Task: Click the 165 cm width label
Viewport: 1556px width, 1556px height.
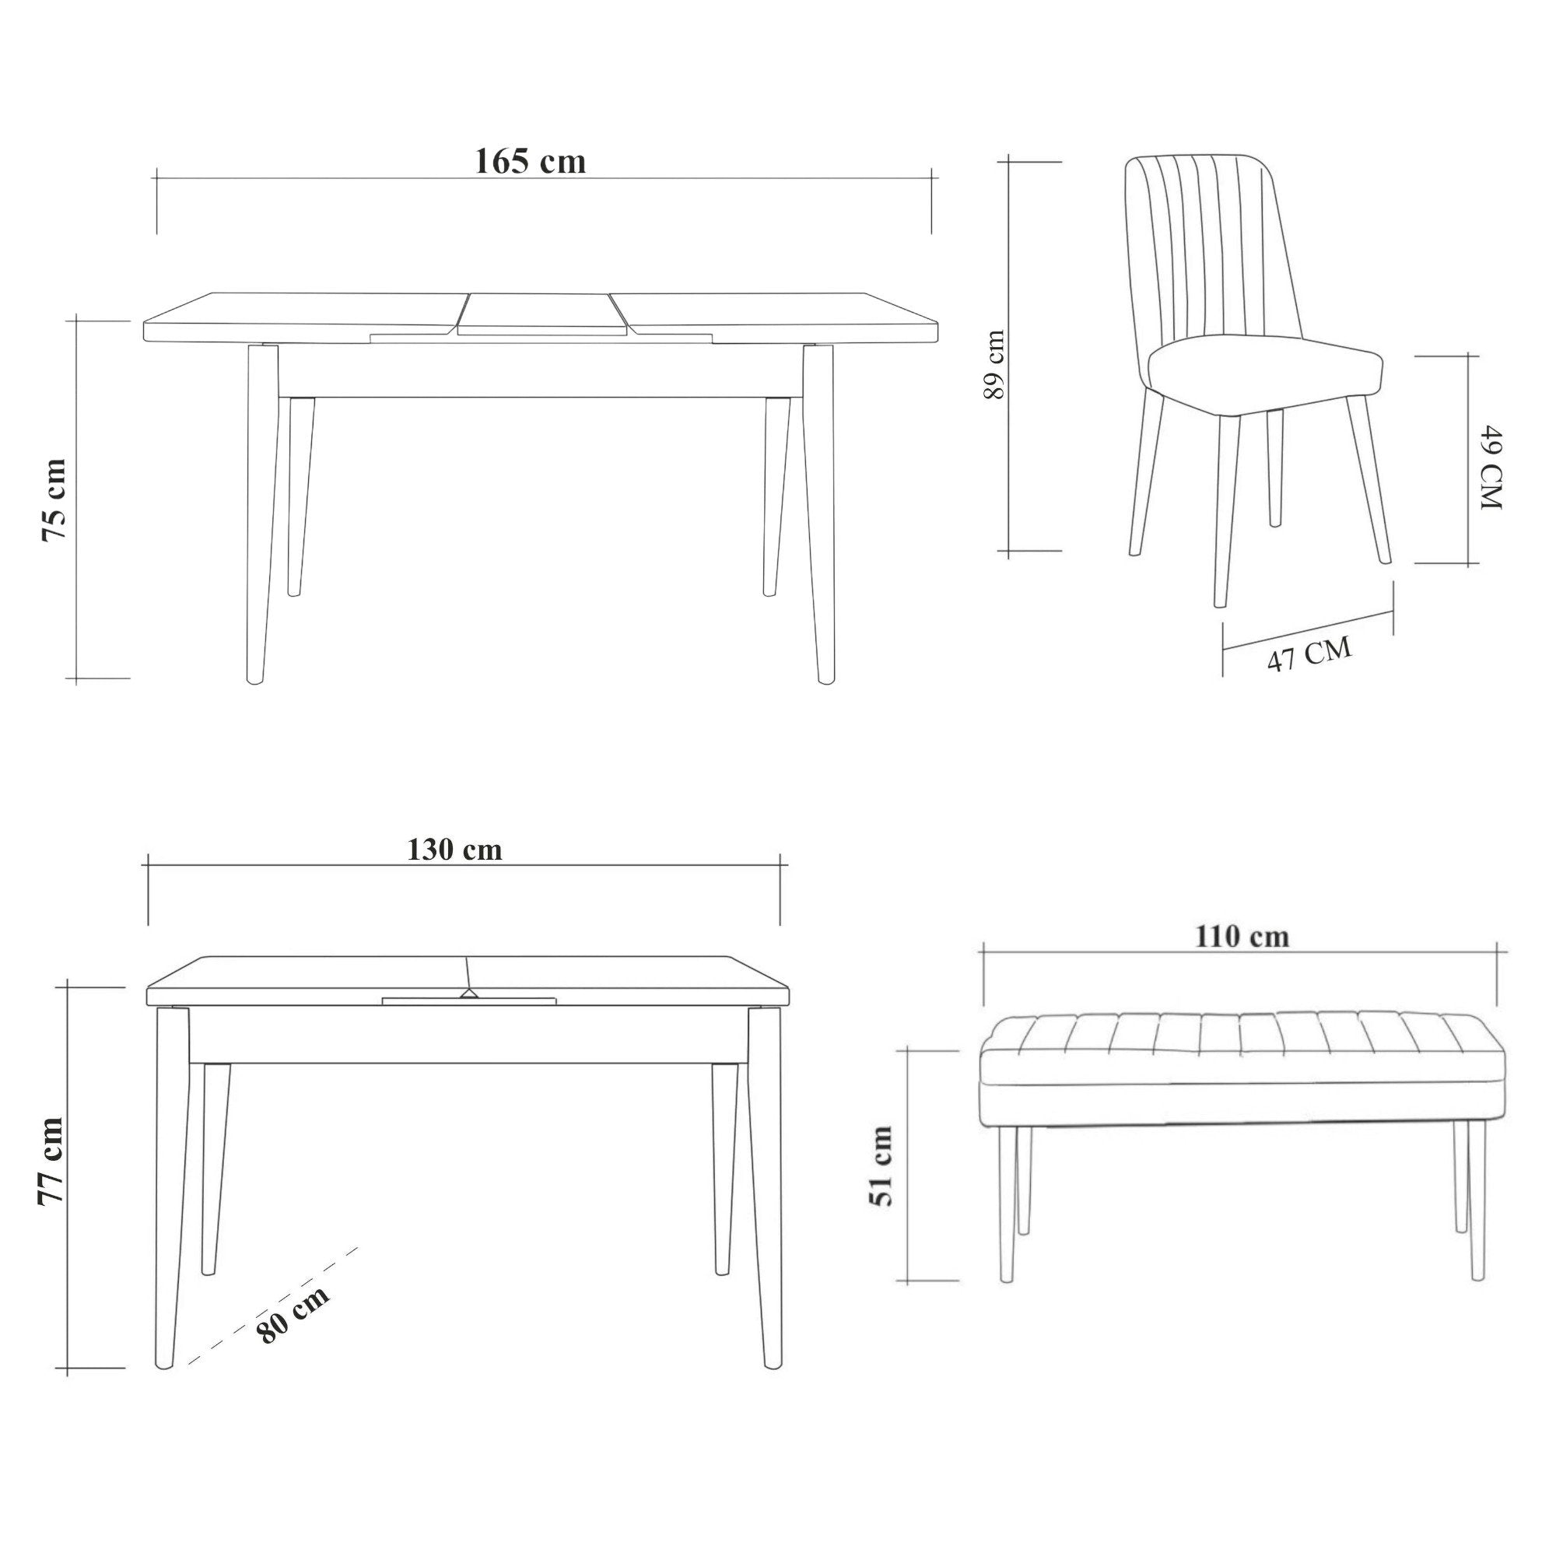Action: pos(530,162)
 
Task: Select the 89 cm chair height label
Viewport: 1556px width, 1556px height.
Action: pos(996,364)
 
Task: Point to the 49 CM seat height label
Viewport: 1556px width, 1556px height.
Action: pos(1491,468)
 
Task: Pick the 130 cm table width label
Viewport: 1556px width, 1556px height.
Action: pos(455,850)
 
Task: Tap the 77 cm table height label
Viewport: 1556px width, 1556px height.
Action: pos(51,1162)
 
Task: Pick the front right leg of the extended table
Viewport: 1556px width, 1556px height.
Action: pos(821,513)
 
